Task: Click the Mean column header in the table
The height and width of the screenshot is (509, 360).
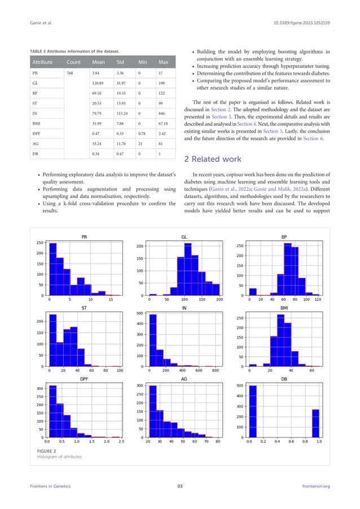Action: pyautogui.click(x=99, y=61)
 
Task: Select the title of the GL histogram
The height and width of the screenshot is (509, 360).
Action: pyautogui.click(x=184, y=238)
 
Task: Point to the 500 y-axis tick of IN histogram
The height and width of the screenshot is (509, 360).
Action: pyautogui.click(x=139, y=313)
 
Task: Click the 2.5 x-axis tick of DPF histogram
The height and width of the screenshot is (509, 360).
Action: pyautogui.click(x=121, y=443)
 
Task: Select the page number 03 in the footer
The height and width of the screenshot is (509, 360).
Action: pyautogui.click(x=180, y=486)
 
